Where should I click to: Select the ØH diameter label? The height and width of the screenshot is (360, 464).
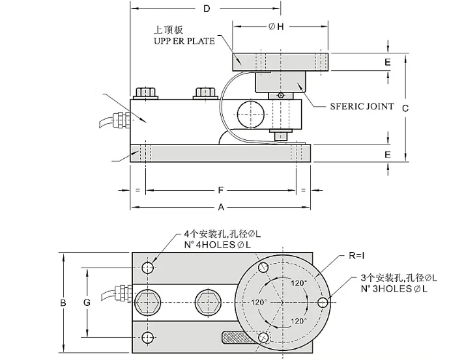(x=276, y=26)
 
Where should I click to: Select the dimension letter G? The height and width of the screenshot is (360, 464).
(x=87, y=303)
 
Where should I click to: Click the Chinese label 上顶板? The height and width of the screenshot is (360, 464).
(x=167, y=30)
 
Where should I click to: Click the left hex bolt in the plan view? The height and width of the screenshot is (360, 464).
(x=149, y=302)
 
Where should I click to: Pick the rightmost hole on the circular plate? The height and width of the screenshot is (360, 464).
(x=323, y=303)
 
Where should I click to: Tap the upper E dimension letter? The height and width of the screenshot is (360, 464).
(x=387, y=62)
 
